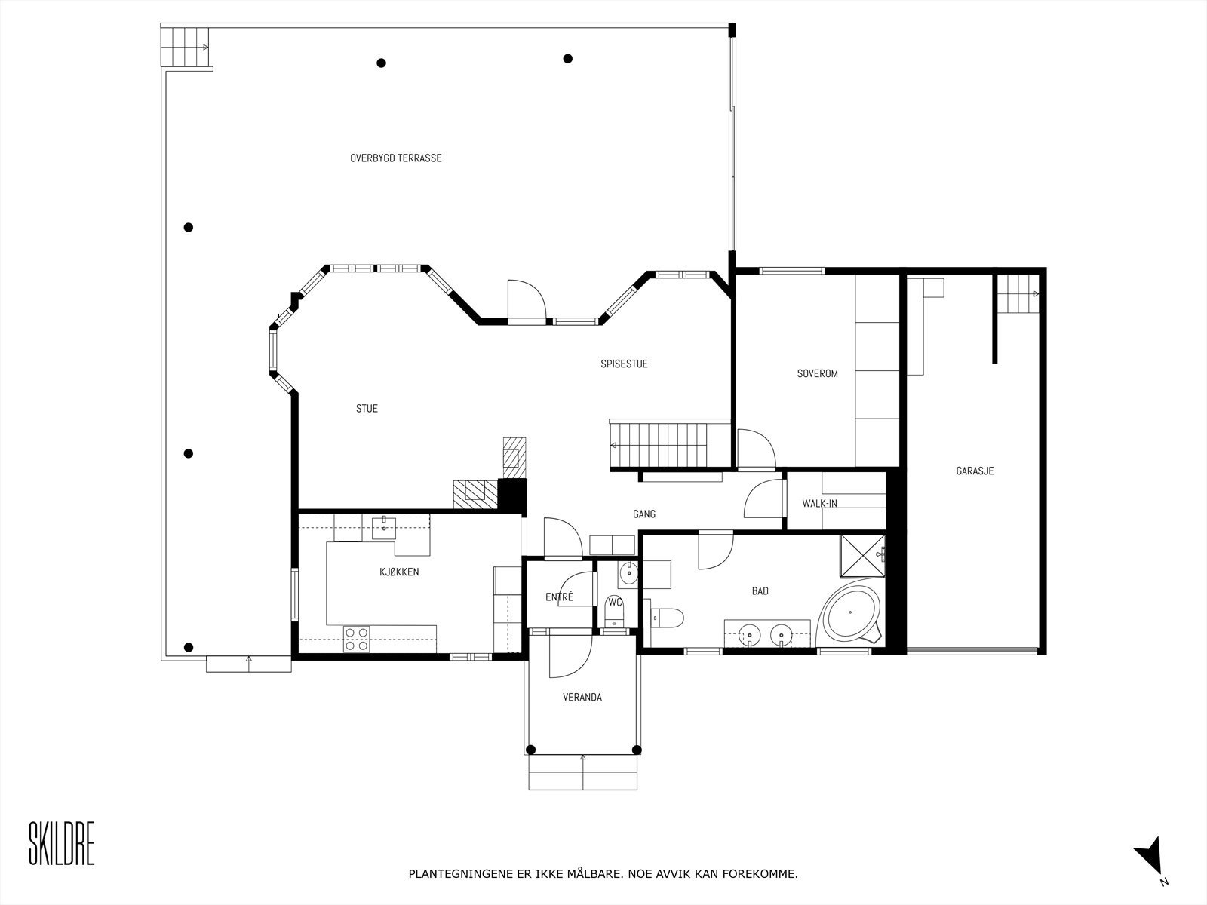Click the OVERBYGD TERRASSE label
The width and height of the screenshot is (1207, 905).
click(x=395, y=158)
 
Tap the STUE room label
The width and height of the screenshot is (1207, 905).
click(x=367, y=409)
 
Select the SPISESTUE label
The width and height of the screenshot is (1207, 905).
click(x=624, y=364)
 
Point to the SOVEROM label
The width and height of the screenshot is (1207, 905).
click(x=817, y=373)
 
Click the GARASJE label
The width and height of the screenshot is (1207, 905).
click(x=975, y=471)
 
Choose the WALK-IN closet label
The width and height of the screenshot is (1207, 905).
click(x=819, y=504)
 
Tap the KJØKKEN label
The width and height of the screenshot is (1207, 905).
click(x=399, y=572)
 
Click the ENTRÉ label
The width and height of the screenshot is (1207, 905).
click(x=559, y=597)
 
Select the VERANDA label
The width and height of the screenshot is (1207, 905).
click(x=582, y=698)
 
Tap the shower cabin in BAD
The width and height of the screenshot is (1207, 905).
click(x=863, y=556)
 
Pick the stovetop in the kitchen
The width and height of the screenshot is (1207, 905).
click(x=356, y=639)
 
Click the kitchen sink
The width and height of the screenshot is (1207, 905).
click(x=385, y=524)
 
